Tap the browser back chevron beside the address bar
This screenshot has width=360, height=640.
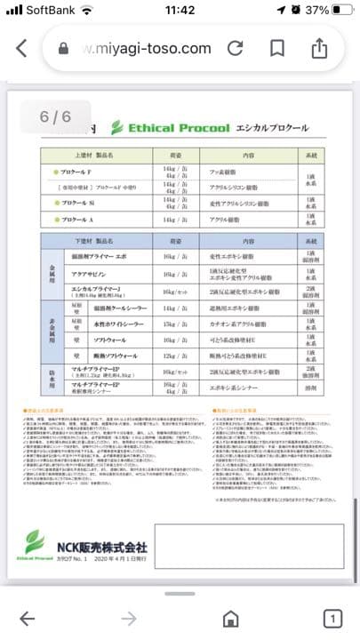(21, 48)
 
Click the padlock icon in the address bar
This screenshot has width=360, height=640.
(62, 49)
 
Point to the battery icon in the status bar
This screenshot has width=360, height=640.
(336, 11)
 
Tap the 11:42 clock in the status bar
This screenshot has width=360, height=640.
(180, 11)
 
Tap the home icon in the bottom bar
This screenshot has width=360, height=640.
(230, 619)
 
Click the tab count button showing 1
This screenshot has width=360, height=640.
(332, 619)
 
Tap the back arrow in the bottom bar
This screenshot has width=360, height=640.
(28, 619)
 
